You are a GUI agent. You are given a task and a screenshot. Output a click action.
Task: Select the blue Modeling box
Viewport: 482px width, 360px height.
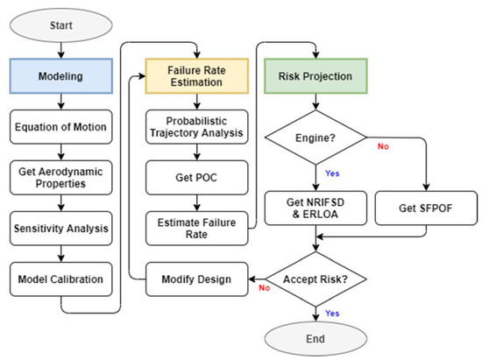coord(60,76)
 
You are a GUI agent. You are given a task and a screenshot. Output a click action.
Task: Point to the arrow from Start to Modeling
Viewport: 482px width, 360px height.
coord(60,49)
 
